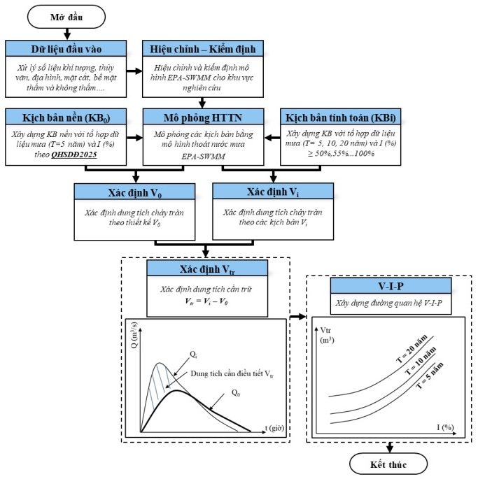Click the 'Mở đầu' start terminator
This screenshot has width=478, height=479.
[66, 15]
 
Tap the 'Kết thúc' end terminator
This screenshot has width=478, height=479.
[389, 464]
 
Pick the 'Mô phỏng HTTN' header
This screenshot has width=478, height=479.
[203, 116]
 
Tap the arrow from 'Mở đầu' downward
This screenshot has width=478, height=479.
[66, 33]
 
